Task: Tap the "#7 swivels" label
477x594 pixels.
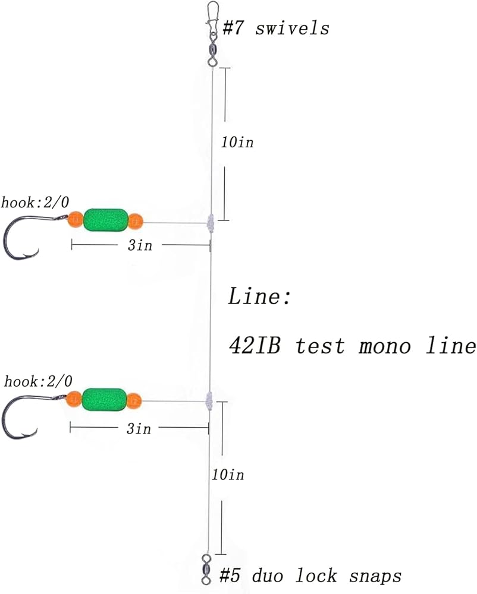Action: tap(275, 27)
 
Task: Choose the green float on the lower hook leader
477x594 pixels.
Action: tap(105, 399)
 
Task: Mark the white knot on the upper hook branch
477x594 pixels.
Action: tap(210, 223)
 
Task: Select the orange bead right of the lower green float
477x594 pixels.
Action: tap(134, 399)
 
